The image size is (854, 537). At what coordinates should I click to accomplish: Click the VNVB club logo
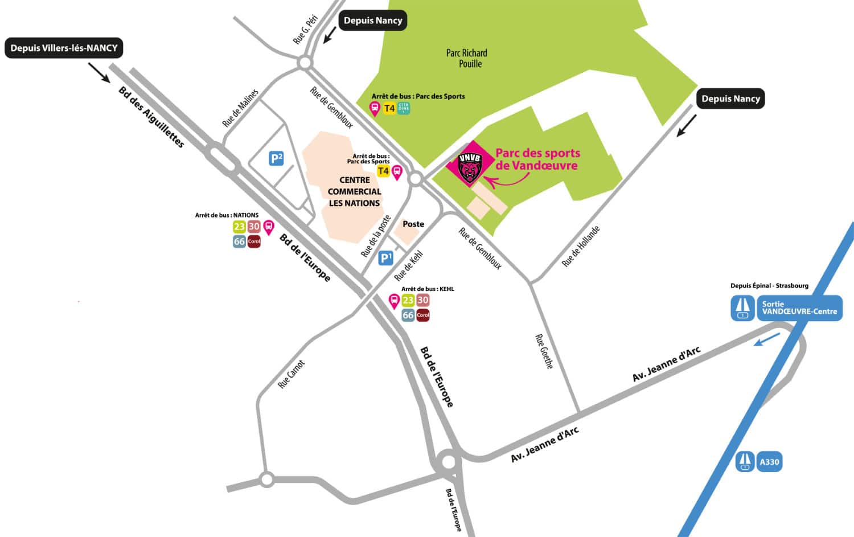(x=470, y=166)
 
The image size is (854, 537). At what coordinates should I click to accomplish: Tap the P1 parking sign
(x=386, y=258)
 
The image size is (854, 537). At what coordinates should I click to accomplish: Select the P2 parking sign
(x=276, y=158)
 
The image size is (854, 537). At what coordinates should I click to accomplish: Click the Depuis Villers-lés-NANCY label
(x=64, y=48)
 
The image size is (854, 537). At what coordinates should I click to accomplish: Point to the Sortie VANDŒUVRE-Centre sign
(x=799, y=308)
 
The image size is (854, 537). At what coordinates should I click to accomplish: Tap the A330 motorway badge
(x=769, y=462)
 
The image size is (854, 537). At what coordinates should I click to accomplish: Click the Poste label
(x=413, y=224)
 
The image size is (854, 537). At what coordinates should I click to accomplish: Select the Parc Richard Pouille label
(x=467, y=58)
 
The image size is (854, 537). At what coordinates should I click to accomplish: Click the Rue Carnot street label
(x=291, y=375)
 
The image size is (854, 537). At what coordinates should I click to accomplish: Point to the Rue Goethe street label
(x=544, y=351)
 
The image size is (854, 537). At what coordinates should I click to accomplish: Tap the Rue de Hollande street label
(x=581, y=246)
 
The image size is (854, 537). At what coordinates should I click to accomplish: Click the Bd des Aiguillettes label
(x=151, y=117)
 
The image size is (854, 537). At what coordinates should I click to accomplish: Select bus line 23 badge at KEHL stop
(x=408, y=300)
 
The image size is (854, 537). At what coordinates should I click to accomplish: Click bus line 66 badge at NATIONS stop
(x=239, y=241)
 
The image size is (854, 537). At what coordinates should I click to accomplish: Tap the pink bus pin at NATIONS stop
(x=269, y=227)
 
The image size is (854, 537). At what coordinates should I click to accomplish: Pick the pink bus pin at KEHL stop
(x=393, y=301)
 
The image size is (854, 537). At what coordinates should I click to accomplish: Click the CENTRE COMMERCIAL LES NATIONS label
(x=354, y=191)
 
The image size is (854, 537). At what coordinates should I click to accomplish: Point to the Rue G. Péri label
(x=305, y=30)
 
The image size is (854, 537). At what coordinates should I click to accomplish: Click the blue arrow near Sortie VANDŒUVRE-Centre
(x=766, y=339)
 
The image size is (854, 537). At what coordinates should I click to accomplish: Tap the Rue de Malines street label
(x=240, y=108)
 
